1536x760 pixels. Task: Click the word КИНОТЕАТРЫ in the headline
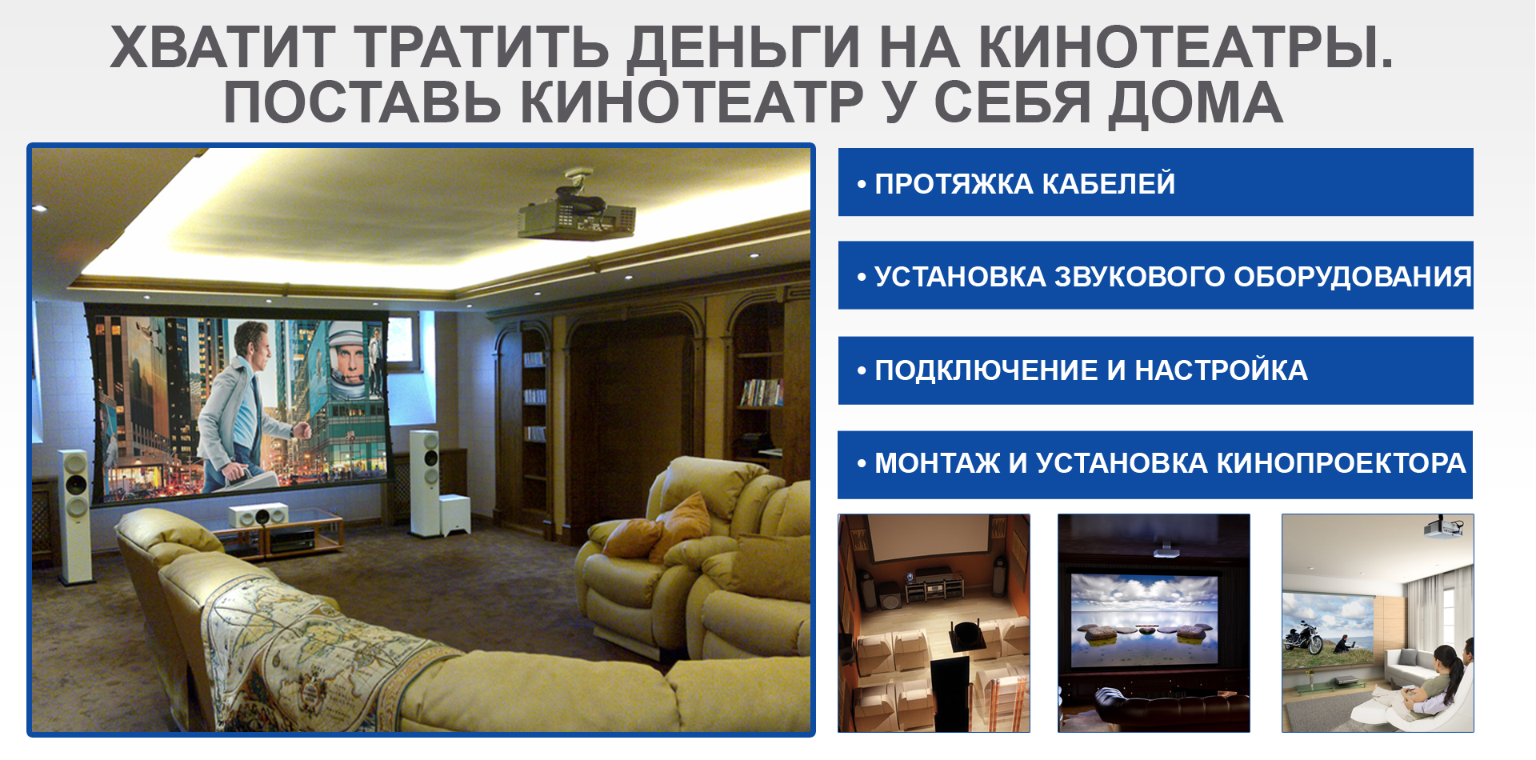pos(1186,46)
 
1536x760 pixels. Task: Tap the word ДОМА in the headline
pos(1195,102)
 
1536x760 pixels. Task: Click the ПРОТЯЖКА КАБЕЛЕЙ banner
pos(1155,182)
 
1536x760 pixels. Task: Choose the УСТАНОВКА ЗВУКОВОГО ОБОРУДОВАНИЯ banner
pos(1155,275)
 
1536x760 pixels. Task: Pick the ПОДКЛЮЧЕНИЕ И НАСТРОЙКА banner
pos(1155,370)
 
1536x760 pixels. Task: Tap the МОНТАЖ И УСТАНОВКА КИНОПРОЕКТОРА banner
pos(1155,465)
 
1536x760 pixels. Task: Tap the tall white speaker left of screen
pos(74,516)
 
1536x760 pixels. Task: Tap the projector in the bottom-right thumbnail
pos(1444,527)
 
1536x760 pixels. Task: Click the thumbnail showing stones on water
pos(1154,623)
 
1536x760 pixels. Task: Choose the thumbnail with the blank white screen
pos(934,623)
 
